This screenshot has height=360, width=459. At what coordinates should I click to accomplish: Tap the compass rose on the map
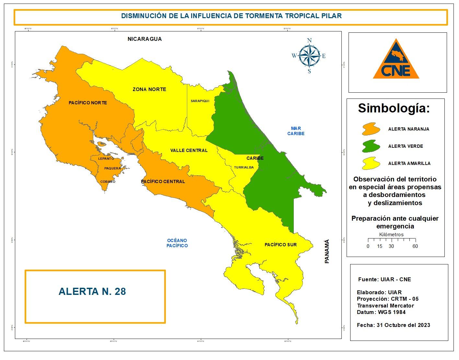(x=309, y=56)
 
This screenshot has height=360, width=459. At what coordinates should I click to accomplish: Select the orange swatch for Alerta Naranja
(x=371, y=129)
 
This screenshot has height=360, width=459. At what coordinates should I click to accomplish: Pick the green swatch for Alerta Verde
(x=371, y=146)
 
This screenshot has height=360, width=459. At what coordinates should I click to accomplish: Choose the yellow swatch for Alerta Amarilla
(x=371, y=163)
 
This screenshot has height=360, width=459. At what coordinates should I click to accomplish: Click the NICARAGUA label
(x=144, y=39)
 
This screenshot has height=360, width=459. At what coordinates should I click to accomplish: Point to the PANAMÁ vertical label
(x=327, y=251)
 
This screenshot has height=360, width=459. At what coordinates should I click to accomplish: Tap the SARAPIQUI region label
(x=200, y=101)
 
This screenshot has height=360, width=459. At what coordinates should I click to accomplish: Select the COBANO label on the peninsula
(x=108, y=182)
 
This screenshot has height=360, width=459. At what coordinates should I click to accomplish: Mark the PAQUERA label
(x=112, y=168)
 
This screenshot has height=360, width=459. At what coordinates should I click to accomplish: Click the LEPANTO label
(x=106, y=159)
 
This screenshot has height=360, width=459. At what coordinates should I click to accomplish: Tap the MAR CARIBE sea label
(x=296, y=131)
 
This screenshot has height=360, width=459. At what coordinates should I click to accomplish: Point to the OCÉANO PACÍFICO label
(x=177, y=243)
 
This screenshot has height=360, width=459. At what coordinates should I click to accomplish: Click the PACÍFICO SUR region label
(x=281, y=245)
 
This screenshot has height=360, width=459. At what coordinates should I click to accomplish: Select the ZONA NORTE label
(x=149, y=89)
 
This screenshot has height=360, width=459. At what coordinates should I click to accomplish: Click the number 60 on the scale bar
(x=415, y=246)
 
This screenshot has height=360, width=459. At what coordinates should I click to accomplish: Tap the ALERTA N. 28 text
(x=92, y=292)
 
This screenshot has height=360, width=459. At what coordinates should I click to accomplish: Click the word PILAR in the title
(x=331, y=16)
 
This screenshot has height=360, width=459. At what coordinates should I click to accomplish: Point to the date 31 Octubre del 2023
(x=403, y=325)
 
